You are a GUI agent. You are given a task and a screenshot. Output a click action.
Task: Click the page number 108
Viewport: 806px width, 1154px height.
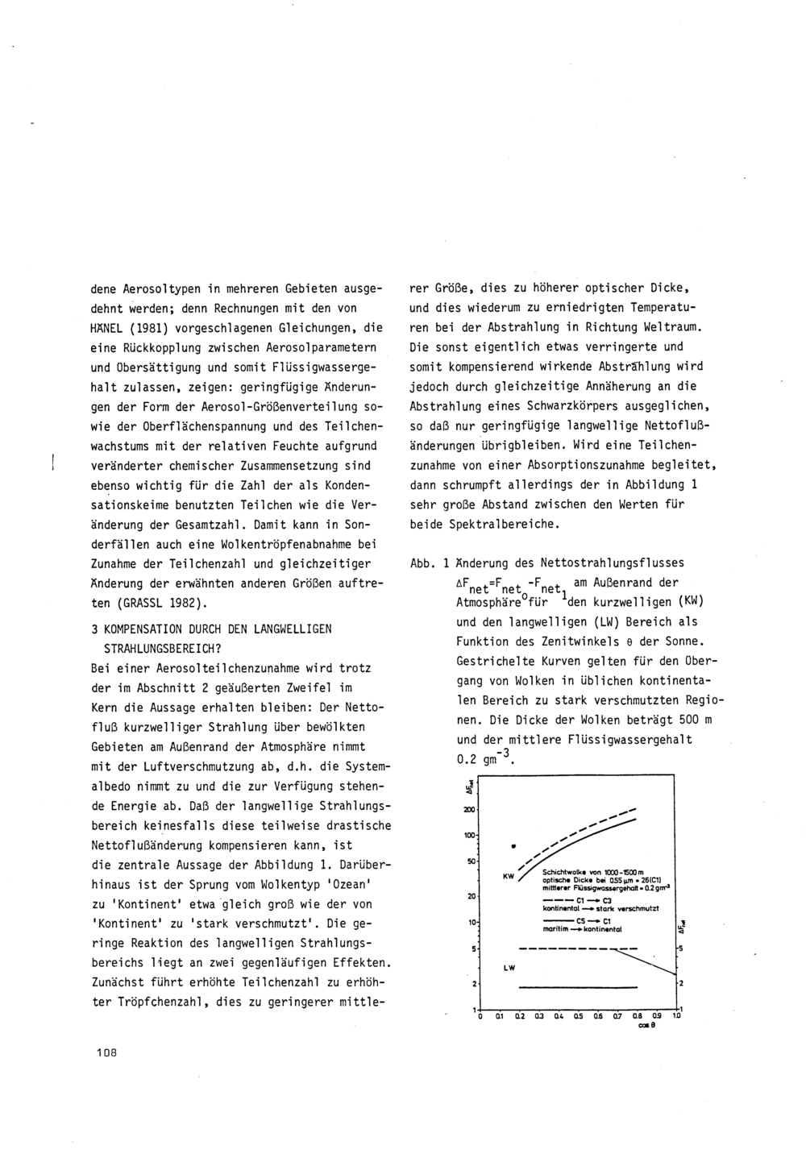click(106, 1051)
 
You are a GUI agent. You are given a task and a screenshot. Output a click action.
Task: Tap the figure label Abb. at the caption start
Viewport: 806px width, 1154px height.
click(423, 563)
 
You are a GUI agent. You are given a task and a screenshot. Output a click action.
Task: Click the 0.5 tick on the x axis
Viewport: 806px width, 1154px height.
click(578, 1016)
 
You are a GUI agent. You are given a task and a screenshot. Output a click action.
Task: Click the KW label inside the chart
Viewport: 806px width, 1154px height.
click(509, 875)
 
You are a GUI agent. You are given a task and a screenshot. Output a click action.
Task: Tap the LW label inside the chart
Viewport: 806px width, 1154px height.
click(509, 967)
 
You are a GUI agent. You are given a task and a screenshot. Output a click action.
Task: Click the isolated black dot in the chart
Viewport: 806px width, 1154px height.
click(513, 846)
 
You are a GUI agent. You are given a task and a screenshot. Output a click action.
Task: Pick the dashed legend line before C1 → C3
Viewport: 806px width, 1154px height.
click(559, 899)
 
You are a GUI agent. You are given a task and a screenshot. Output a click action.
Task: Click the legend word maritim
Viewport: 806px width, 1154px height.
click(559, 928)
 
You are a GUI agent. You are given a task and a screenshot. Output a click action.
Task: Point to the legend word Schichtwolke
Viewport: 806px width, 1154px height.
click(567, 872)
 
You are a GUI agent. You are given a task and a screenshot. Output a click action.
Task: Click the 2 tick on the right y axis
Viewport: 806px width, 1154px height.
click(682, 983)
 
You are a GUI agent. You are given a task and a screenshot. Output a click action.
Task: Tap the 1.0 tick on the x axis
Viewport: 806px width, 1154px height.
click(677, 1016)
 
